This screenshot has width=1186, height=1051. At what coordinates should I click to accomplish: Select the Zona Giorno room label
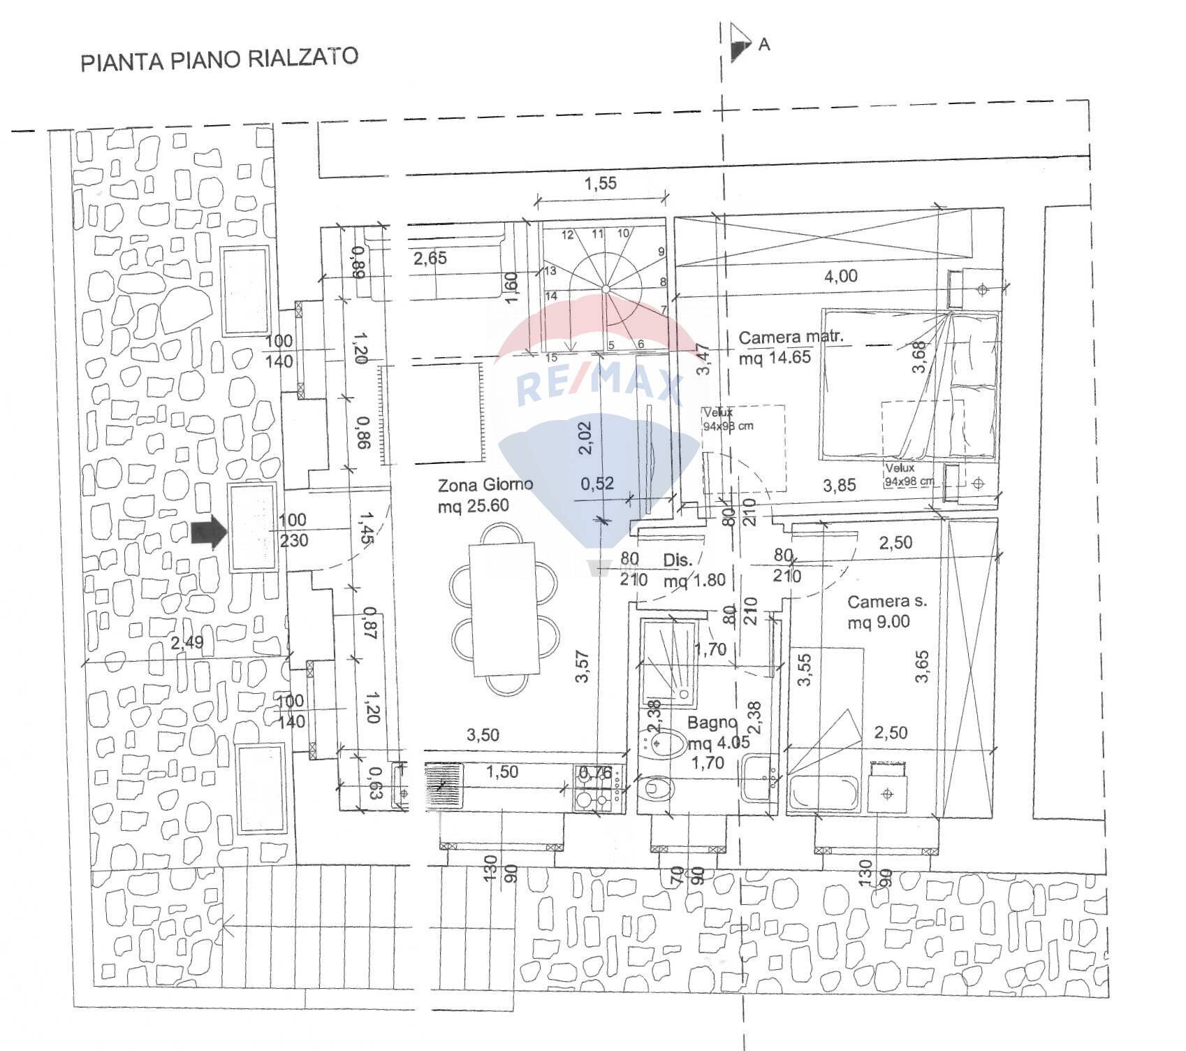[x=485, y=484]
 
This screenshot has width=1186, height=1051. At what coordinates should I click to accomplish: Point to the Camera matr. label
[x=791, y=338]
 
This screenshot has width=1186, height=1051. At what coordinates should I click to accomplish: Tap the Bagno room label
[x=712, y=723]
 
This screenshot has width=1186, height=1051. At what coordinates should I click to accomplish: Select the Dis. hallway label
[x=678, y=560]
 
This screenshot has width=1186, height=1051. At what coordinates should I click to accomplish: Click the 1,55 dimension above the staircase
[x=600, y=184]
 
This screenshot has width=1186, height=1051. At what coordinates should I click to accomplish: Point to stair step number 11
[x=597, y=233]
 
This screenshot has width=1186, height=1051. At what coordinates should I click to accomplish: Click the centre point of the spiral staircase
[x=606, y=289]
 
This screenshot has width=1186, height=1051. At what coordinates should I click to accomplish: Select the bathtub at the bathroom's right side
[x=823, y=794]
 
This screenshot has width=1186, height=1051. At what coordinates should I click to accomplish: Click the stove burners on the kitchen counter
[x=593, y=789]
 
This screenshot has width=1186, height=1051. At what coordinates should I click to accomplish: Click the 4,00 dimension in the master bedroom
[x=840, y=276]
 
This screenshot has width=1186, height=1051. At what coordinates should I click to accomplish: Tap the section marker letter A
[x=764, y=45]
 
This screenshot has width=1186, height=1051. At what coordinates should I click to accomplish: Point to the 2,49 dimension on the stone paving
[x=186, y=642]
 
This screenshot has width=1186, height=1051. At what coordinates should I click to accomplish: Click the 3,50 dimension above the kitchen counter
[x=483, y=734]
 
